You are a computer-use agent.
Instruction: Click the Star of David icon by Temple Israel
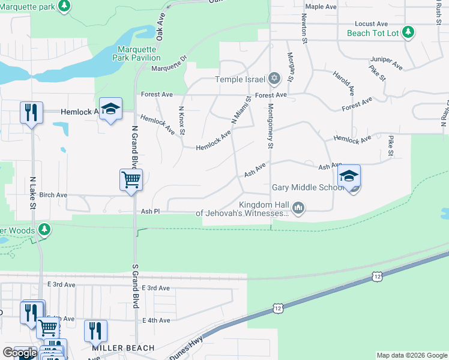(274, 79)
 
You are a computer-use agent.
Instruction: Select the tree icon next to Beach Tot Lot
(408, 32)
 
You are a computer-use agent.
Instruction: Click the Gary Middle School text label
(307, 187)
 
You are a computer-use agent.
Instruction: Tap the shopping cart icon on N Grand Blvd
(131, 179)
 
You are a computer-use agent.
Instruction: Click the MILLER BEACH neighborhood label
(123, 348)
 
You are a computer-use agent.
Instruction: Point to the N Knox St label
(182, 120)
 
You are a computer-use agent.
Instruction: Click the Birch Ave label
(53, 195)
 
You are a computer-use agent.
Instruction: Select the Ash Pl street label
(149, 211)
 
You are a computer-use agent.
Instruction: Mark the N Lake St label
(32, 193)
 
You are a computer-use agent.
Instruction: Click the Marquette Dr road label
(169, 67)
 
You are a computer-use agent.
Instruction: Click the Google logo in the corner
(20, 353)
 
